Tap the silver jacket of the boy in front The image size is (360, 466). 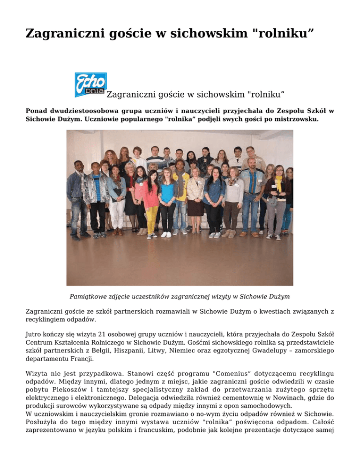[96, 188]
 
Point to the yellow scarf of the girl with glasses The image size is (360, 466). [279, 186]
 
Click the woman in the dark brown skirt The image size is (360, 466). [195, 206]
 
